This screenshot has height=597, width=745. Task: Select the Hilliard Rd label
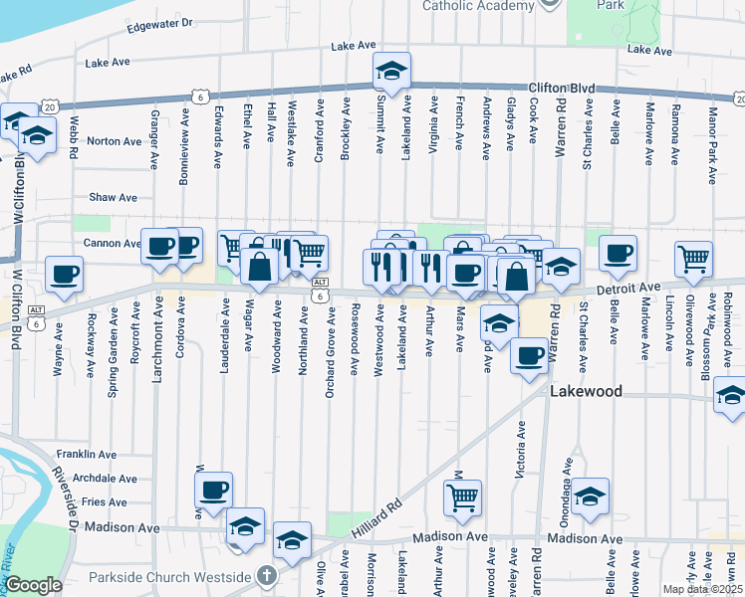click(x=377, y=518)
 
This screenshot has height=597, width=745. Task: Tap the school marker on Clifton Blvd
click(x=391, y=71)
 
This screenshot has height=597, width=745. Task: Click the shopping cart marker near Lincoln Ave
click(x=693, y=259)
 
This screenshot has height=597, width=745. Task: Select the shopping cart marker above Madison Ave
click(x=462, y=497)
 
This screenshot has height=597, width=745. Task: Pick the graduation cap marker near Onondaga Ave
click(x=590, y=497)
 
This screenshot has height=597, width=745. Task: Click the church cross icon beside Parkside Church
click(x=265, y=575)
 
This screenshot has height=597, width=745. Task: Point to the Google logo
click(x=34, y=585)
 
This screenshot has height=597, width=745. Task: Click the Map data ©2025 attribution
click(x=702, y=589)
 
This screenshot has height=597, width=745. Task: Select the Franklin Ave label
click(x=87, y=454)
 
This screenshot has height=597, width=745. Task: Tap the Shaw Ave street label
click(x=113, y=198)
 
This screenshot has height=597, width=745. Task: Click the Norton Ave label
click(x=114, y=141)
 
